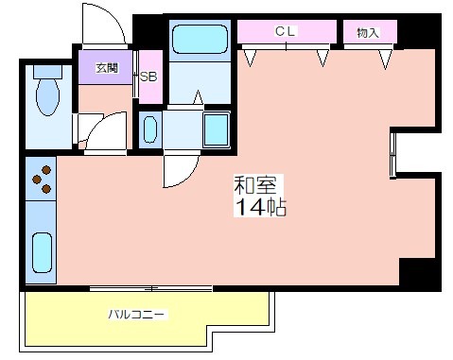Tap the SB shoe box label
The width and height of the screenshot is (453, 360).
(x=149, y=77)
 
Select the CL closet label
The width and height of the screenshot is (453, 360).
(x=286, y=32)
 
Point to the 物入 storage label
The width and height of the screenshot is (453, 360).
(x=368, y=32)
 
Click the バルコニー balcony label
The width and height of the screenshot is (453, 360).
(x=138, y=314)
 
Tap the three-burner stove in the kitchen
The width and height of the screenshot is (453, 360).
(x=42, y=180)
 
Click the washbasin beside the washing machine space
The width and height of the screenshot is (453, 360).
(x=150, y=129)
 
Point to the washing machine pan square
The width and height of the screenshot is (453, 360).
(x=217, y=129)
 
